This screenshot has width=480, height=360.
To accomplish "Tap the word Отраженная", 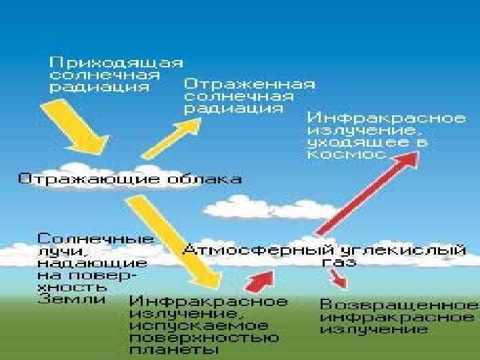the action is point(249,85).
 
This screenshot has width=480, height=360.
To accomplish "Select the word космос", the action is point(346,154).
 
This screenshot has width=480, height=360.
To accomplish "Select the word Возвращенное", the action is point(399,304).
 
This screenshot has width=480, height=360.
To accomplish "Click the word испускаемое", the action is point(199,326).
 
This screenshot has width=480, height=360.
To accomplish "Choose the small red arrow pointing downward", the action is point(337,279).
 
